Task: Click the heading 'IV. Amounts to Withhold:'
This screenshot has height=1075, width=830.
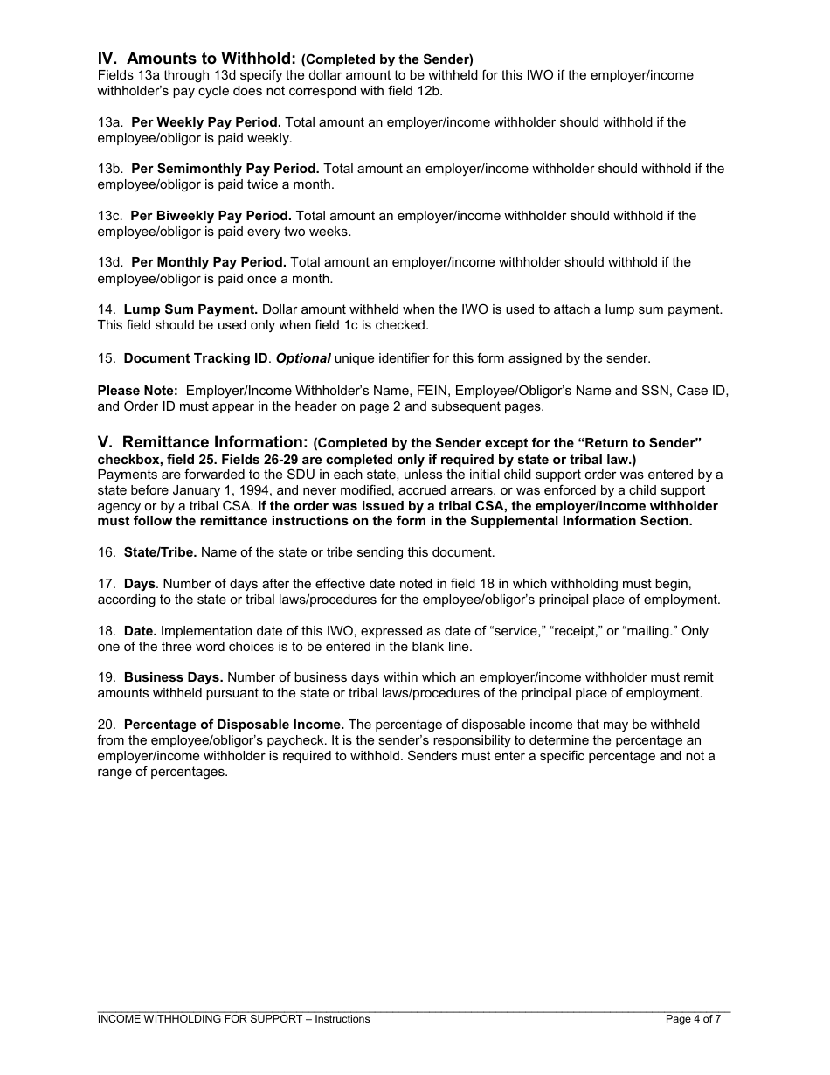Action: (x=197, y=59)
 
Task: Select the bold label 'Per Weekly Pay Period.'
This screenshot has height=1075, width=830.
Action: (x=206, y=122)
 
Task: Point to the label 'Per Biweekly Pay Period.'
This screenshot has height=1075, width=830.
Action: (x=211, y=216)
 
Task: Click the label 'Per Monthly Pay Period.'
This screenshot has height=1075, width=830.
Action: (x=208, y=262)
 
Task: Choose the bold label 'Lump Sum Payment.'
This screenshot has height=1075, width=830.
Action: (x=190, y=309)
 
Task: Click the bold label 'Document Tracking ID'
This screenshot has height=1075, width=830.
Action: (x=196, y=358)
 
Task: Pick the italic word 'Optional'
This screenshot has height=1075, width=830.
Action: (x=303, y=358)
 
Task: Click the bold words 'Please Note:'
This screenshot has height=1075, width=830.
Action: (x=137, y=391)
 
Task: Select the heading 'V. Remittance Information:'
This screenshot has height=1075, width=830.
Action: (x=203, y=443)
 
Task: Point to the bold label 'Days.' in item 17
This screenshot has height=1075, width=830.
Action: (x=140, y=584)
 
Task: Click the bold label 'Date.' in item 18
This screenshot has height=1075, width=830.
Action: (x=140, y=631)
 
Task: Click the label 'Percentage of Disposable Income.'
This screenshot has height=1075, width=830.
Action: (x=234, y=725)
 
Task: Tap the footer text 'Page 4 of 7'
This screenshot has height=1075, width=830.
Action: (x=693, y=1019)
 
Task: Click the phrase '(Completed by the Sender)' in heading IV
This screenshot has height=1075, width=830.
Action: (x=387, y=60)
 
